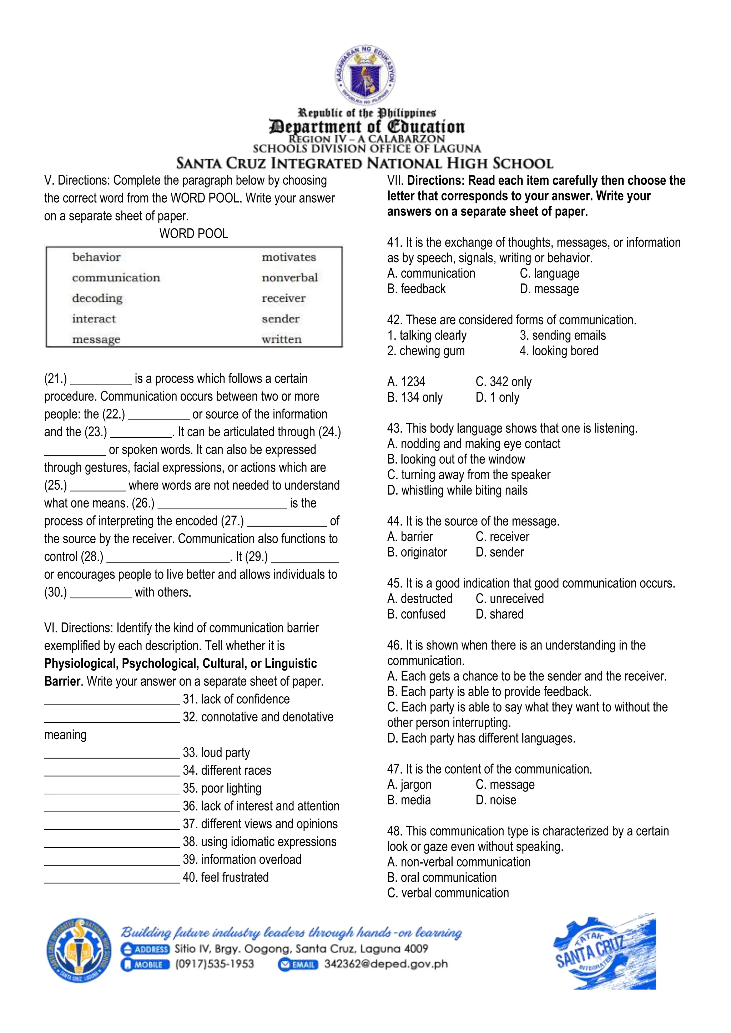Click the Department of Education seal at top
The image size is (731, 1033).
coord(365,74)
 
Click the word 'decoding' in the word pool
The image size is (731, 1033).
coord(97,298)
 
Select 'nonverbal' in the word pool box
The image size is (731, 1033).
coord(290,278)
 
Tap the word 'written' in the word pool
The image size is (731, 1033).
coord(282,339)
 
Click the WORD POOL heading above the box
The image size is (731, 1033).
coord(193,234)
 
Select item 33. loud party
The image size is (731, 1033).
coord(216,752)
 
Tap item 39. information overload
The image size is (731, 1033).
coord(242,859)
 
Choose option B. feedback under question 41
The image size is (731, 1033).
coord(417,289)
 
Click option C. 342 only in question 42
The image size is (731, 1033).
coord(503,382)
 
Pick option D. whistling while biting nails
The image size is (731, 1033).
coord(457,490)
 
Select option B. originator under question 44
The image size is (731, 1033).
coord(417,552)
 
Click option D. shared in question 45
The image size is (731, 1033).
coord(500,614)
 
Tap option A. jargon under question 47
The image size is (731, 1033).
coord(409,785)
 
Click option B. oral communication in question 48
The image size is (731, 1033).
coord(442,877)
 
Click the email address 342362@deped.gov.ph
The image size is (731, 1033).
coord(386,964)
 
